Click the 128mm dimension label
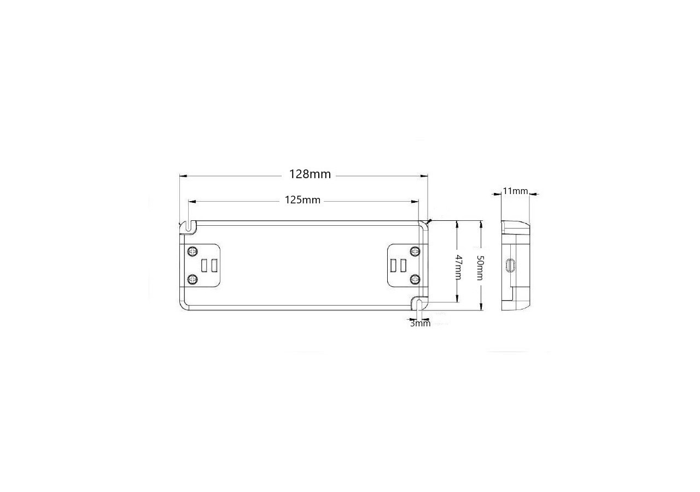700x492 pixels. pos(310,174)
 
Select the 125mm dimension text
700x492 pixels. pos(302,200)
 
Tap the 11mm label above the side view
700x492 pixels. pos(515,191)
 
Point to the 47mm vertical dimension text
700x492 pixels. pos(459,267)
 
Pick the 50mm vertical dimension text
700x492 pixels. pos(481,268)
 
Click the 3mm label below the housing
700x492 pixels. pos(421,324)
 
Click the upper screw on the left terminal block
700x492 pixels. pos(192,251)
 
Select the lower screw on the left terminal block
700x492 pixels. pos(192,279)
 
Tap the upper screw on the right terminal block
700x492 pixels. pos(415,251)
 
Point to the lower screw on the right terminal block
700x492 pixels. pos(415,279)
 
